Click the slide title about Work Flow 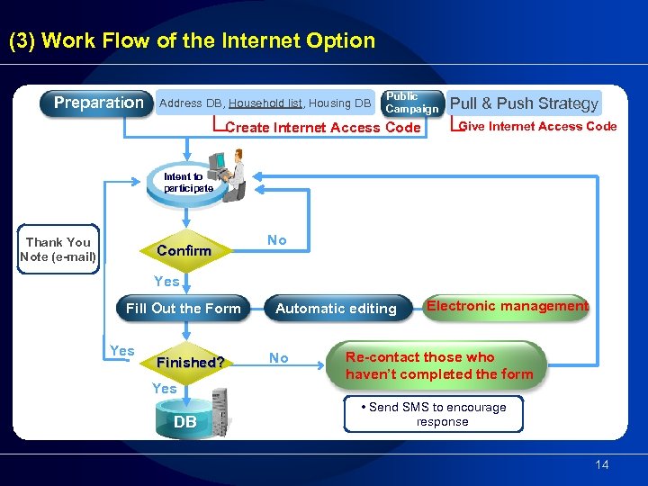[191, 40]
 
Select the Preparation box [97, 103]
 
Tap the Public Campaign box [411, 103]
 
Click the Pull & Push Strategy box [524, 103]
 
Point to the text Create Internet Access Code [323, 128]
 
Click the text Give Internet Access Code [537, 127]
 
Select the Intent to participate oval [187, 183]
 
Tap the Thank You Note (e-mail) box [58, 249]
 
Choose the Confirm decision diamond [184, 250]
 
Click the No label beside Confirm [277, 240]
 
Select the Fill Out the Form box [184, 309]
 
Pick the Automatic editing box [336, 309]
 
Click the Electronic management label [507, 306]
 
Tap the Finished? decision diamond [190, 363]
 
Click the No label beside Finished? [279, 358]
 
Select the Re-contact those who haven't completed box [439, 365]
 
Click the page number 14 [602, 464]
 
